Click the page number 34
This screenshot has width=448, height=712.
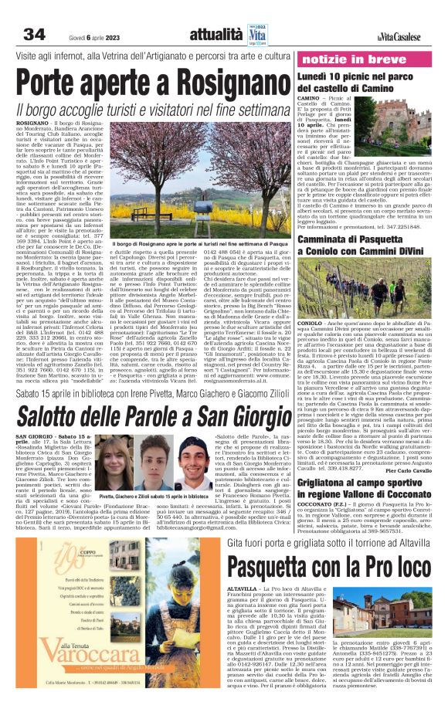pos(35,34)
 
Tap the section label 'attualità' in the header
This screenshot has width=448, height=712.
pos(216,34)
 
